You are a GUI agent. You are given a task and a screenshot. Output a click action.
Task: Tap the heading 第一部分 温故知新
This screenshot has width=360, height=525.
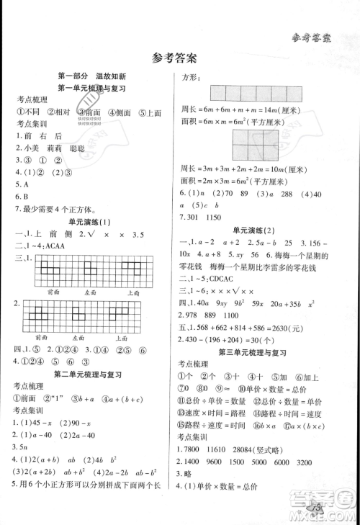[x=91, y=76]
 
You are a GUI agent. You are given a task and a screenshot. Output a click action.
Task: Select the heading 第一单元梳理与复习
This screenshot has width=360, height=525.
[x=91, y=88]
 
